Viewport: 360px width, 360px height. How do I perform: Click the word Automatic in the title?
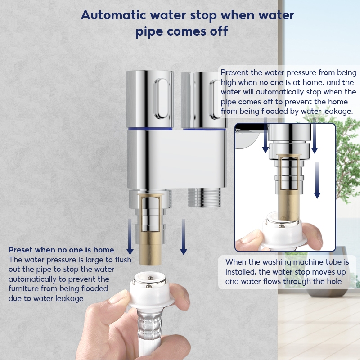click(114, 15)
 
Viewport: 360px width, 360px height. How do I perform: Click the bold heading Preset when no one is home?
click(61, 250)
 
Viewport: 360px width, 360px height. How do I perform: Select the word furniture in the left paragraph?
click(24, 288)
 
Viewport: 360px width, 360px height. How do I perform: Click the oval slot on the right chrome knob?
click(215, 99)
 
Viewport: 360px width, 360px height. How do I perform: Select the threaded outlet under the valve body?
click(204, 198)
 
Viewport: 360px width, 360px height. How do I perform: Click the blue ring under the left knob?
click(150, 129)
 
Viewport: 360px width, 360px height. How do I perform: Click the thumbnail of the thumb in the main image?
click(119, 297)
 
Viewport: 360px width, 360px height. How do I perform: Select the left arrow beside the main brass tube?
click(130, 237)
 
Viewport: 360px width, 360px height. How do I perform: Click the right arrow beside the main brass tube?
click(183, 237)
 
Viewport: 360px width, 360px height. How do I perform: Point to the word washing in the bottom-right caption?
click(277, 262)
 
